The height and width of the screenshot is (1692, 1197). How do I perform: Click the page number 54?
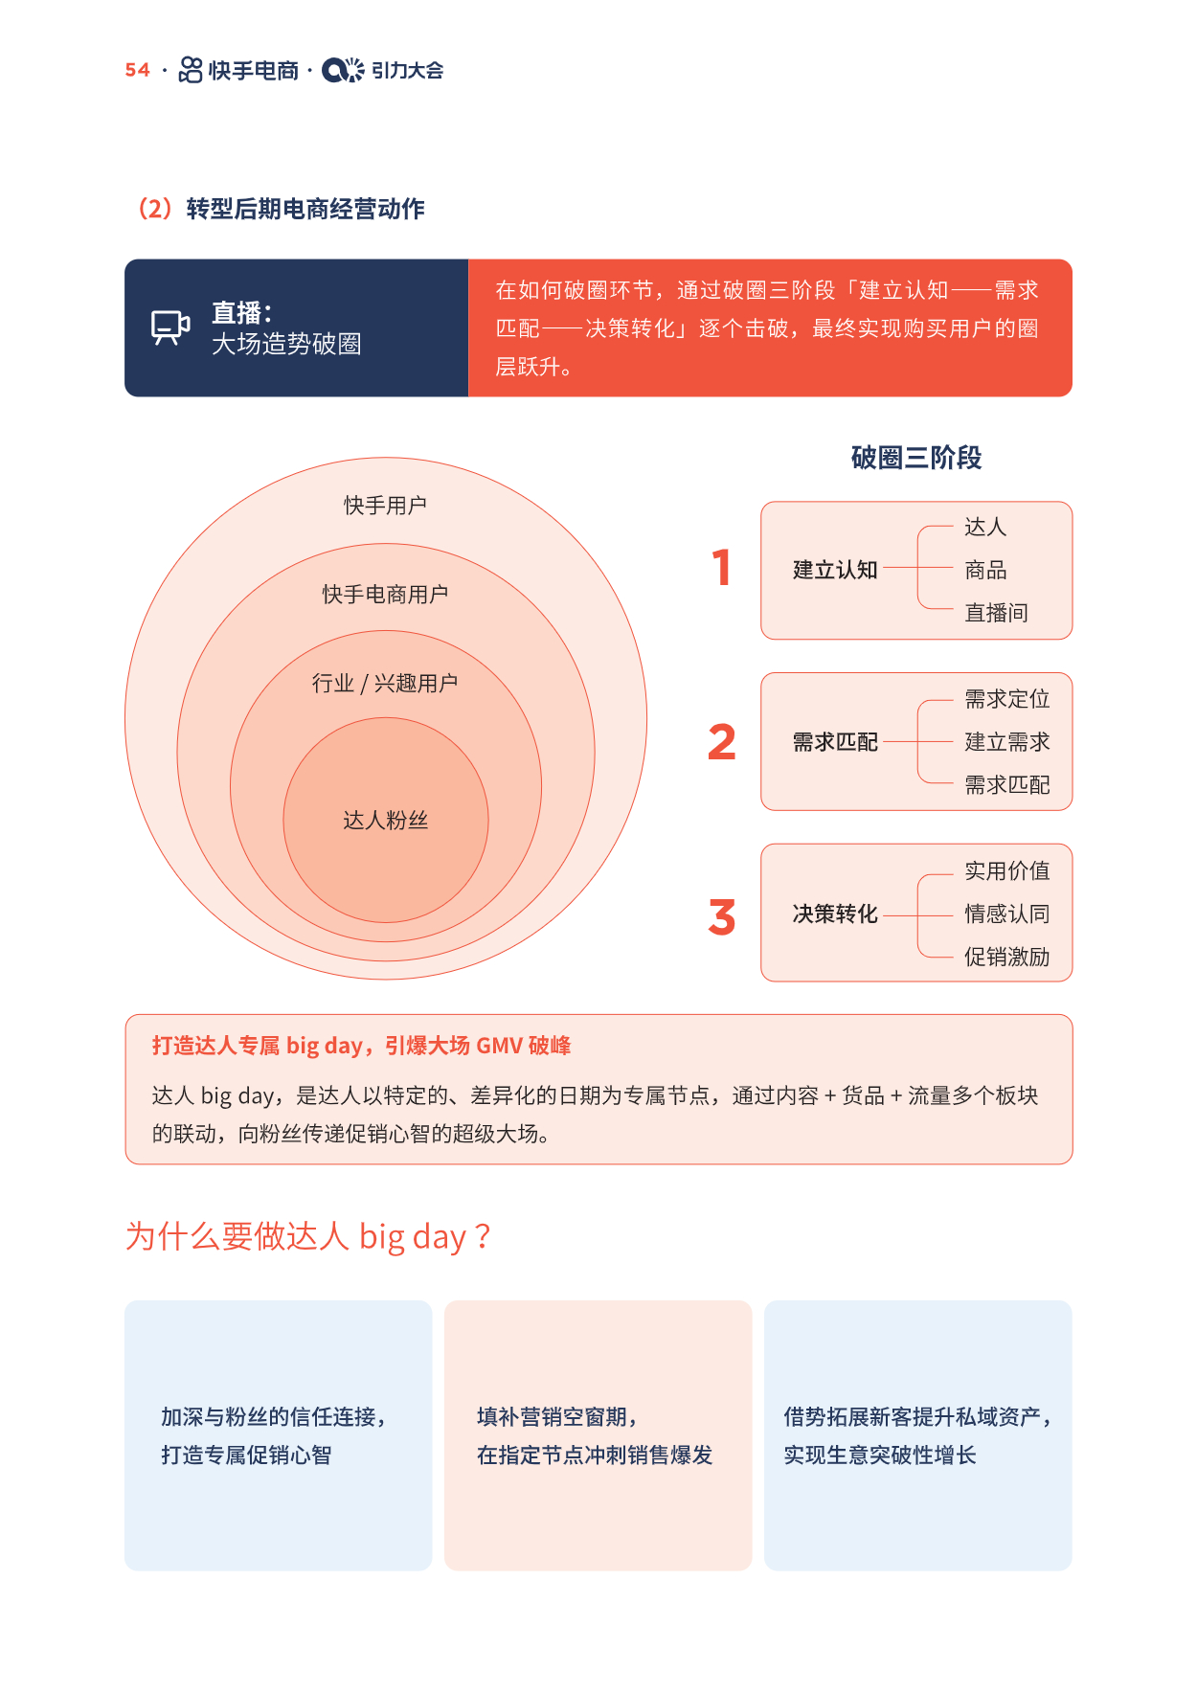coord(137,70)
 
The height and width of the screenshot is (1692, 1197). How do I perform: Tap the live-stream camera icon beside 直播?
coord(170,327)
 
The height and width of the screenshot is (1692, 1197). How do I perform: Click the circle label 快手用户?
coord(385,505)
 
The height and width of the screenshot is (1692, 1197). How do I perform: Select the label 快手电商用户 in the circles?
coord(385,594)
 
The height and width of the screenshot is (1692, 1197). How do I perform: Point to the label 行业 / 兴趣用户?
coord(385,683)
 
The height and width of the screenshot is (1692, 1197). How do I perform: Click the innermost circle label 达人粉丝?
coord(385,820)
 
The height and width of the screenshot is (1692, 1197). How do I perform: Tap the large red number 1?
coord(722,567)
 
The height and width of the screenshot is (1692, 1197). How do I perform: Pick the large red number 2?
coord(722,742)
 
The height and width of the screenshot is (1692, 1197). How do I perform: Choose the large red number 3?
coord(722,916)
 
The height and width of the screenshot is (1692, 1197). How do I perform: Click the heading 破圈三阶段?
coord(916,458)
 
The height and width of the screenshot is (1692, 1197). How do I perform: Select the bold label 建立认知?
coord(835,570)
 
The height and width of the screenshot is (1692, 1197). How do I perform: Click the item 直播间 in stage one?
coord(996,613)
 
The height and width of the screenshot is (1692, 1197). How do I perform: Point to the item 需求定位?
coord(1006,699)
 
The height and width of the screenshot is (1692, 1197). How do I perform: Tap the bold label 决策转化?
coord(835,914)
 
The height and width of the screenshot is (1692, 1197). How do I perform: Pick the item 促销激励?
coord(1006,957)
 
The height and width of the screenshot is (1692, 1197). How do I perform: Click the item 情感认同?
coord(1006,914)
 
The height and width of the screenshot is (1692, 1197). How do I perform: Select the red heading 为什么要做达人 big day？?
coord(308,1236)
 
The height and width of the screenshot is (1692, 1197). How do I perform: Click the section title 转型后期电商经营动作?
coord(305,209)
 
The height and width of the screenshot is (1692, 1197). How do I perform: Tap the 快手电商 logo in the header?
coord(238,70)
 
